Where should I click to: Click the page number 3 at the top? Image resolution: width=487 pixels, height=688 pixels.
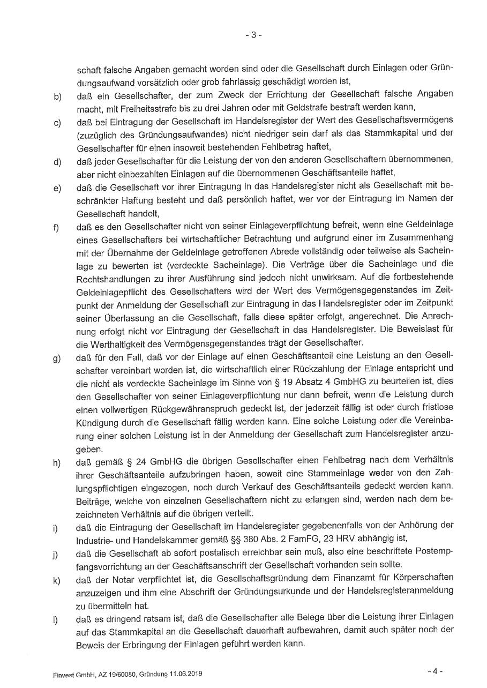point(253,35)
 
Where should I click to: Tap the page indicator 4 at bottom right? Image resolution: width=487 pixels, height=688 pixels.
point(434,670)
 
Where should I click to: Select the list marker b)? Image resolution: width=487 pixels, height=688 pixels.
point(57,97)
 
